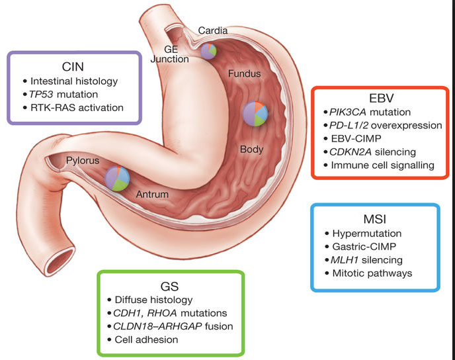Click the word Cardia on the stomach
[214, 30]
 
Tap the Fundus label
[244, 73]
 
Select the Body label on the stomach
[251, 149]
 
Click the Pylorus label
[82, 161]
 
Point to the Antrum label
[152, 195]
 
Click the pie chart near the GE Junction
[208, 51]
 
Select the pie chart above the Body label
[255, 114]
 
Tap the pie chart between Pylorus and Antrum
[118, 179]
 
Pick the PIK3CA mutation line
[370, 112]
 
